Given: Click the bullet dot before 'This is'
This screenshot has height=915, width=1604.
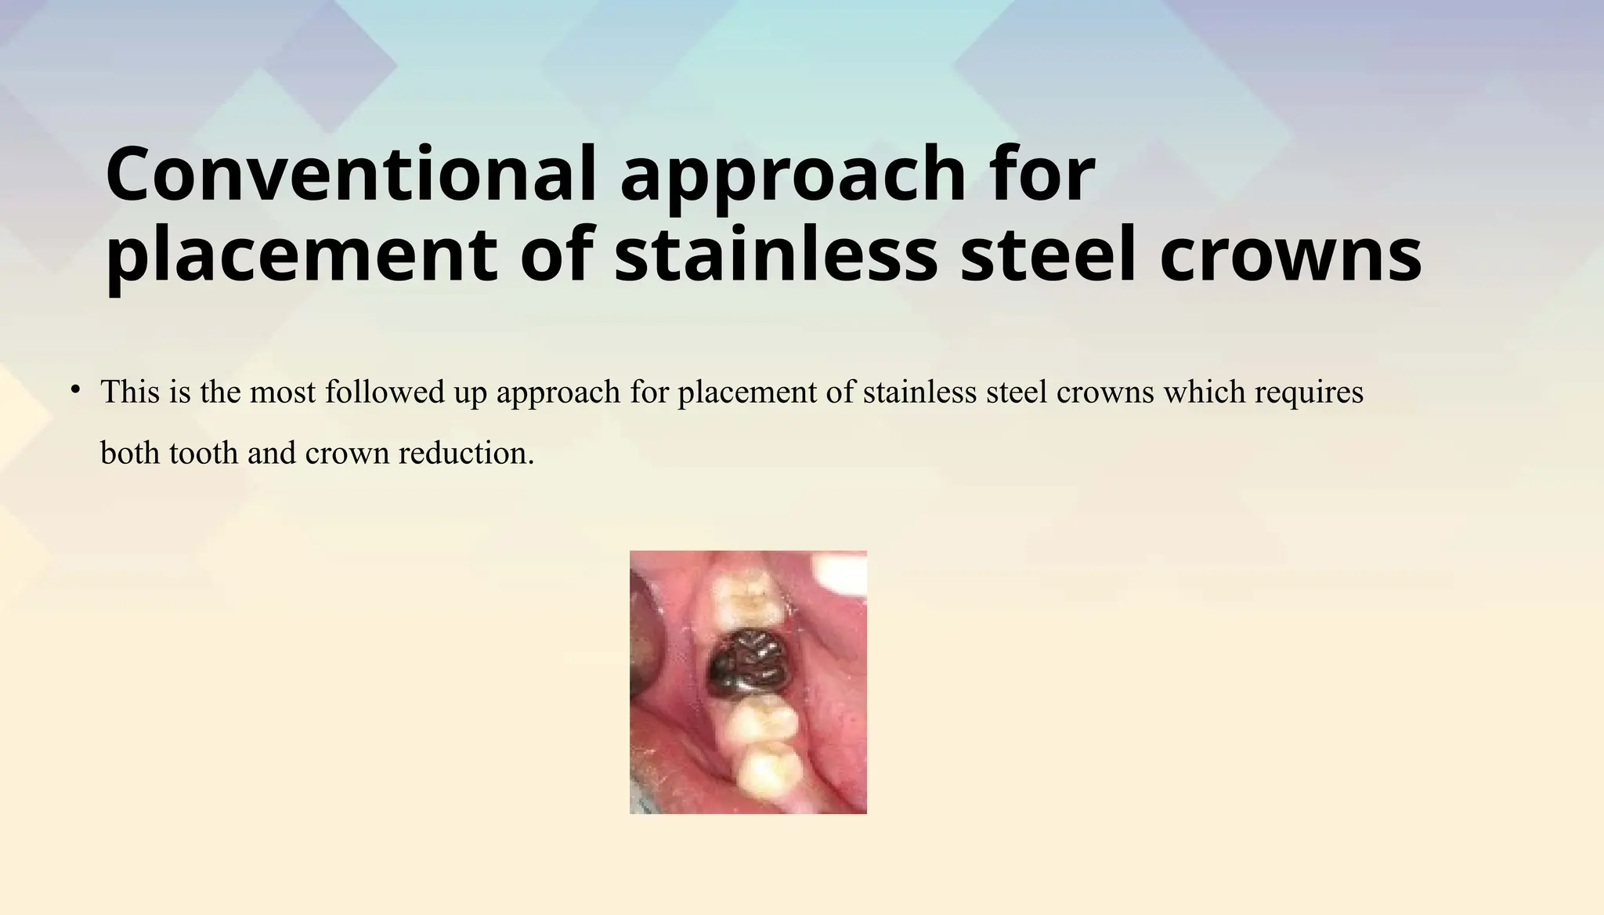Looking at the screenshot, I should click(x=75, y=389).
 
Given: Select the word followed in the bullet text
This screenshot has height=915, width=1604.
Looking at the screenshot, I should click(x=385, y=392).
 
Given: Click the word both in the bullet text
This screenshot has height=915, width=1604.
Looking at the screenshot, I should click(x=129, y=453).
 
